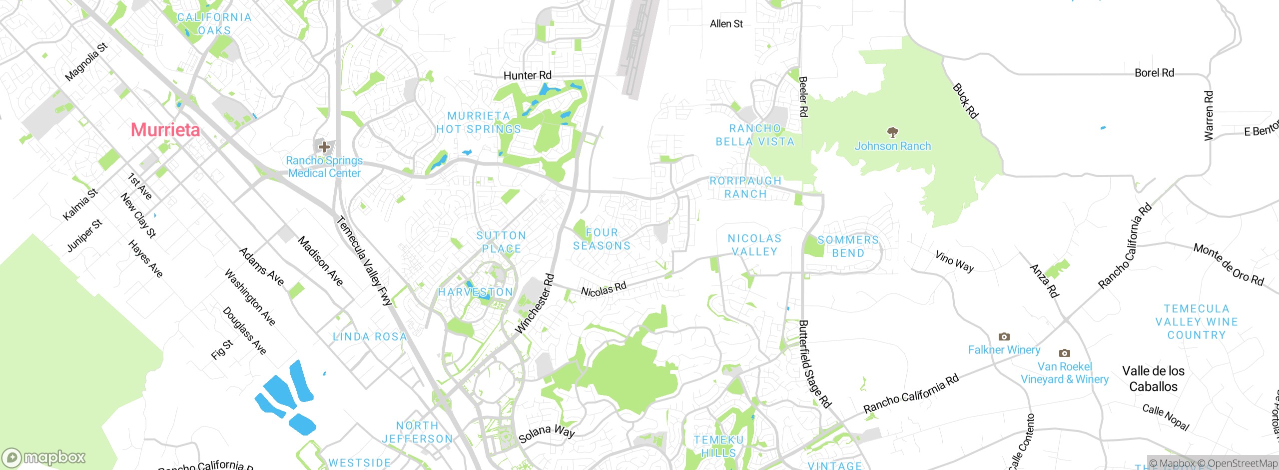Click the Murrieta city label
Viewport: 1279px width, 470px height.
point(165,130)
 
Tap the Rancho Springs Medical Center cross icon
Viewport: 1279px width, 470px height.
point(324,147)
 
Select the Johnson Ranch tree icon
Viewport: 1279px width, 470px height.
point(893,132)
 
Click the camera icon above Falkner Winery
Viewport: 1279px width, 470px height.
point(1004,336)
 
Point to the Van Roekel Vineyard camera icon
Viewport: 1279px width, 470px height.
point(1065,353)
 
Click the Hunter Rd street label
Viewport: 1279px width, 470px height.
point(527,75)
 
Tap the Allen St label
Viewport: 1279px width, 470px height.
point(726,23)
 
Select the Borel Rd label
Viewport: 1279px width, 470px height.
point(1154,72)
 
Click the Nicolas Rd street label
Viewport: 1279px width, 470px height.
point(604,289)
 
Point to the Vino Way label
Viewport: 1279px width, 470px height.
point(954,261)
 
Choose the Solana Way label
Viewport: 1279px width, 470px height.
point(547,433)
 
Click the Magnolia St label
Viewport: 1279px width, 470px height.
point(86,62)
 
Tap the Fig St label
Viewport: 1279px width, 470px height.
point(222,349)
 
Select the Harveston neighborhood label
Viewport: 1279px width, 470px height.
point(475,292)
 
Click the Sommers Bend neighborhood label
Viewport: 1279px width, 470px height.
point(848,246)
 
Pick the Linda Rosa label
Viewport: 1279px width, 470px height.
point(370,337)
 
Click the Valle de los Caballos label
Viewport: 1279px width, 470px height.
point(1153,378)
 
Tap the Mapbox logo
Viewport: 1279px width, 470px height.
point(44,457)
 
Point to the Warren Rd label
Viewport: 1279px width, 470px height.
point(1209,115)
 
